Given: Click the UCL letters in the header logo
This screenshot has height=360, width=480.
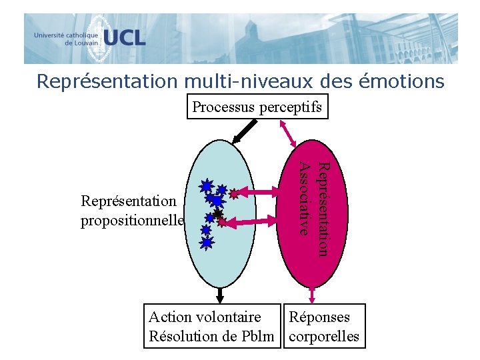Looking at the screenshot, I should tap(123, 37).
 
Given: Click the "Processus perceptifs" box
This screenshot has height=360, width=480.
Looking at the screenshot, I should tap(258, 107).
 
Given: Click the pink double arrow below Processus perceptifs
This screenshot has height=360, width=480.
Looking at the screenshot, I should tap(291, 133).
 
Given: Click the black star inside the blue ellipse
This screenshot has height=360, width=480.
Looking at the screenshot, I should tap(217, 214).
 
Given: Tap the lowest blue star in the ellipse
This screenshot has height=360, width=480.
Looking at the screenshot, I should tap(207, 243).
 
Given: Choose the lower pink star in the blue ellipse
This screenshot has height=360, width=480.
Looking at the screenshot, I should tap(222, 222).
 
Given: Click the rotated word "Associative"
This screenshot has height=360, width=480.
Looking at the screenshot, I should tap(305, 199).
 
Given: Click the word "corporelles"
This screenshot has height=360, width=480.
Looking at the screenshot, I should tap(324, 336).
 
